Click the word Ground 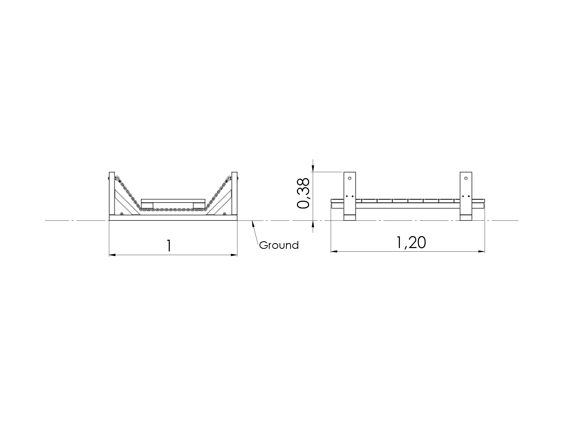[279, 245]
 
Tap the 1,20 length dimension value [411, 242]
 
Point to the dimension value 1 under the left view [169, 246]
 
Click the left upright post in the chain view [112, 193]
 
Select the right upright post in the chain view [235, 193]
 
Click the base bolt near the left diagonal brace [121, 214]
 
